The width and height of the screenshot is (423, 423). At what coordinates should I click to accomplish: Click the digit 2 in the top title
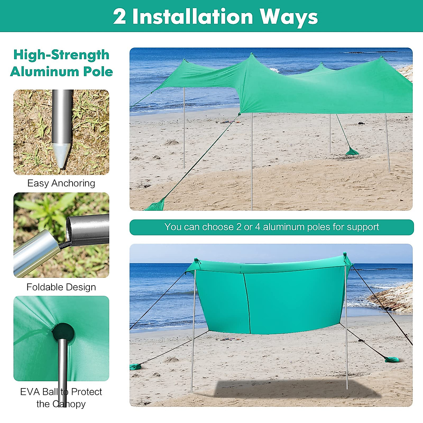119,17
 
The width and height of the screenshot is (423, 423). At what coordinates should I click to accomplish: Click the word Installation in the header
192,17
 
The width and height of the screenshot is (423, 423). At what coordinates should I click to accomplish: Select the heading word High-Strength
61,55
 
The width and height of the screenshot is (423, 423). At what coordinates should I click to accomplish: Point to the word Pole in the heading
98,72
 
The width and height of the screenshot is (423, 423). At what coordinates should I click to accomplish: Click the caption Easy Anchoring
61,183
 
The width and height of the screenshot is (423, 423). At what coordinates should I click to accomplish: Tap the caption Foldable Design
61,287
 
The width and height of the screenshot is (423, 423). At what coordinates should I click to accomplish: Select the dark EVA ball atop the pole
63,332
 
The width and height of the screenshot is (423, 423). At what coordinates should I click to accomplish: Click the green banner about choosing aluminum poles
271,227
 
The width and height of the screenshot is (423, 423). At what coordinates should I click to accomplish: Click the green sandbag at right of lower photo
391,360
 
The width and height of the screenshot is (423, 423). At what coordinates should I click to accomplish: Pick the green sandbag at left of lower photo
135,367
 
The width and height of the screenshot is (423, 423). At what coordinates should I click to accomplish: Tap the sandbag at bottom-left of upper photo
155,205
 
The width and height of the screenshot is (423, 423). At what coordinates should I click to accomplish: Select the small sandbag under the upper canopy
352,152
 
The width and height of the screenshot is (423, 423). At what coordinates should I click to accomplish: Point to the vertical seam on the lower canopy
247,303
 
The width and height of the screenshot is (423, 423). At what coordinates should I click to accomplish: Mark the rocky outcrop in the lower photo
393,298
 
